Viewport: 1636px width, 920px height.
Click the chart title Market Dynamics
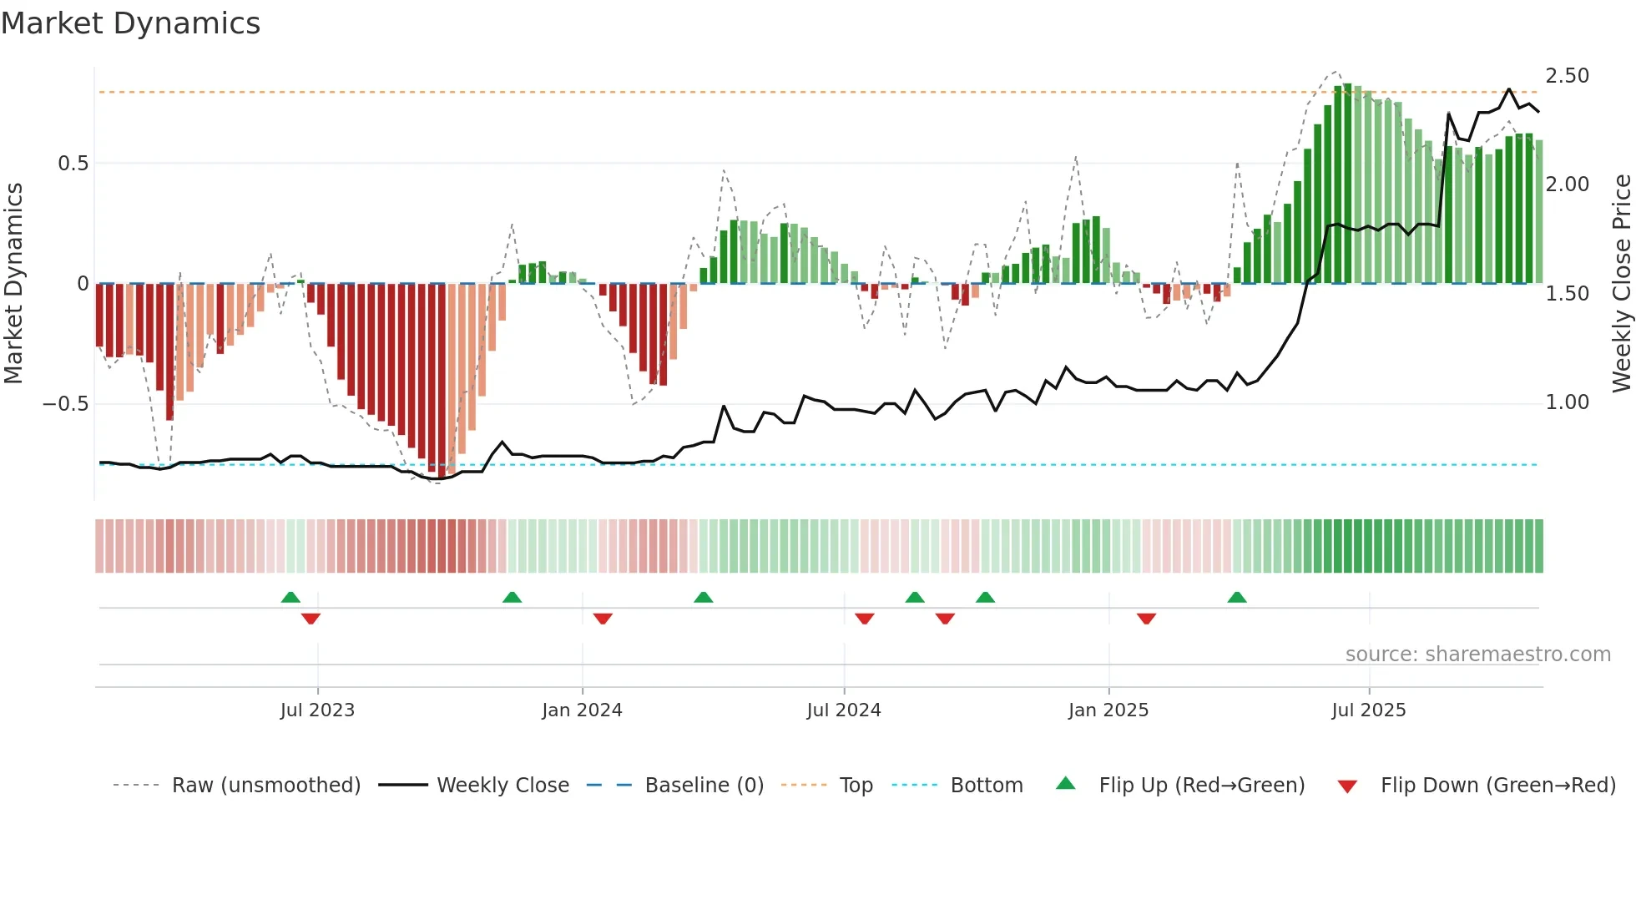130,23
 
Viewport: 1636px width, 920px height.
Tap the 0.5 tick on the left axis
73,164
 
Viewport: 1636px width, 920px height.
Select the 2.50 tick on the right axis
1567,76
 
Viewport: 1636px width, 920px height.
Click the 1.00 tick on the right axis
1567,402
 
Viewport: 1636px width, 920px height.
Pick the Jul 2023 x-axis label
317,710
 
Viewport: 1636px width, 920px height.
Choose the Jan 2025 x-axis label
1108,710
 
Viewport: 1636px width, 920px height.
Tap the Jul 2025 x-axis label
1368,710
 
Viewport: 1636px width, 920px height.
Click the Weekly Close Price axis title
1621,284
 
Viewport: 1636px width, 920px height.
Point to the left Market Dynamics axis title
13,284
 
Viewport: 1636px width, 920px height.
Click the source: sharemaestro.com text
1477,655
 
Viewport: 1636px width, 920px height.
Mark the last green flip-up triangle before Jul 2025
1236,598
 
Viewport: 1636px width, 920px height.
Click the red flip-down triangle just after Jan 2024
603,619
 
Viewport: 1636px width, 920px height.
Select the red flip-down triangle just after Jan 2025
1146,619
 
